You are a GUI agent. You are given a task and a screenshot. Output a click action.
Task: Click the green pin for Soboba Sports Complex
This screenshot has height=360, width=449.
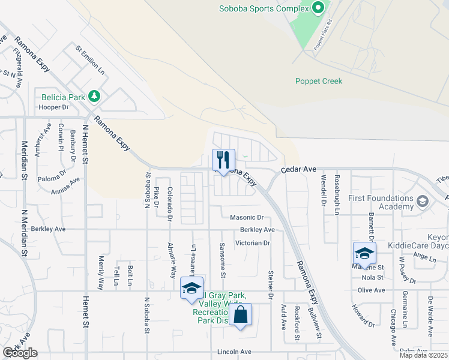(x=318, y=8)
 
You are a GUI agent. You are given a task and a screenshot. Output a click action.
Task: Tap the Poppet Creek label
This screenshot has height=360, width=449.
(x=318, y=82)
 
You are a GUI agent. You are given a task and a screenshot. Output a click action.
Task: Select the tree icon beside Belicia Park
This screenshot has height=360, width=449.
(x=94, y=96)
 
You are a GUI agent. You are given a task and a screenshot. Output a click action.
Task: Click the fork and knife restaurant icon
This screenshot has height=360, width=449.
(x=223, y=160)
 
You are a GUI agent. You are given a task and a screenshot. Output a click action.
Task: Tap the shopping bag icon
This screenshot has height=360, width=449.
(x=240, y=314)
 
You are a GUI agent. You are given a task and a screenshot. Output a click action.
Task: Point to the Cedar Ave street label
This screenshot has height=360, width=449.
(x=299, y=170)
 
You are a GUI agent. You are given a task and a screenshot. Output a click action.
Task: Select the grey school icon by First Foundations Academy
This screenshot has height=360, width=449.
(x=423, y=200)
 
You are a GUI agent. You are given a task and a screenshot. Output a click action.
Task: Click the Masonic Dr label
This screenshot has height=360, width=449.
(x=247, y=217)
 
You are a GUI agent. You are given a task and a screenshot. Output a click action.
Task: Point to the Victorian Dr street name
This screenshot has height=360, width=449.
(x=253, y=243)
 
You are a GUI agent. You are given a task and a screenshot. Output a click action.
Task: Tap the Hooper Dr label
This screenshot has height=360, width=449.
(x=55, y=107)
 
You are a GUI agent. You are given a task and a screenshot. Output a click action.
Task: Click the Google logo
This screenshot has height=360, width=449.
(x=20, y=352)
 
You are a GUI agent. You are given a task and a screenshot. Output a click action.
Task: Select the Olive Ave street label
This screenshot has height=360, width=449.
(x=371, y=290)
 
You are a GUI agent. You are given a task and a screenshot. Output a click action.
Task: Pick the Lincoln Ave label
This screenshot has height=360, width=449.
(x=238, y=352)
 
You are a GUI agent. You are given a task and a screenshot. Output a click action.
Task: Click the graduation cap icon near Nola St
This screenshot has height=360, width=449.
(x=364, y=253)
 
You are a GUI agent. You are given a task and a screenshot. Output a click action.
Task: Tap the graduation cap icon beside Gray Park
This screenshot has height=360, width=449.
(x=191, y=288)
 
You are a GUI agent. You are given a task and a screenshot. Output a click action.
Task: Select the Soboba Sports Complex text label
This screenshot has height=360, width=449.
(x=267, y=10)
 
